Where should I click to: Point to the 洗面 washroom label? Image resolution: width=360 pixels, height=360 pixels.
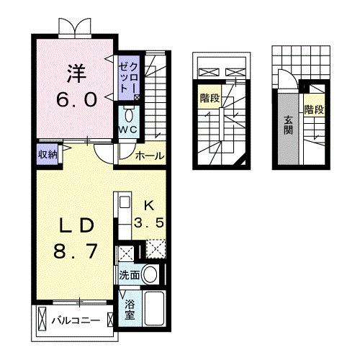coord(130,274)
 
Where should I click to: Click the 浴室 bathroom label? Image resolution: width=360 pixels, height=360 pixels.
coord(129,309)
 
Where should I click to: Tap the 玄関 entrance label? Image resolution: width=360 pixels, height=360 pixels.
coord(288,126)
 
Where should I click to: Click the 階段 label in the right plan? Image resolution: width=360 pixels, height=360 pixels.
coord(312,110)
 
